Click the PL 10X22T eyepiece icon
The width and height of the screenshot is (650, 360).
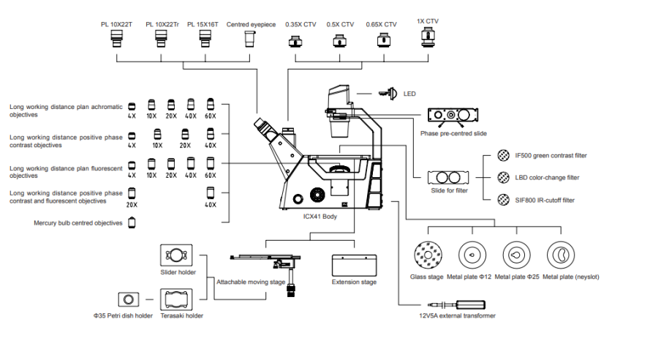pos(117,39)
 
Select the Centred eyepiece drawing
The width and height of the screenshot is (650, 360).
pos(249,39)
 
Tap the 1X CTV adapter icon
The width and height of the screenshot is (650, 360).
pos(428,37)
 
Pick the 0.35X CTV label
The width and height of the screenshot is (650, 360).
pos(301,24)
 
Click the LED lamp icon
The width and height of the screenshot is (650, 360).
pos(388,94)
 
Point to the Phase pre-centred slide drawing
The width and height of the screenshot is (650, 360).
pos(453,115)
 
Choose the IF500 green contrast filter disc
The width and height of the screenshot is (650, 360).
pos(503,156)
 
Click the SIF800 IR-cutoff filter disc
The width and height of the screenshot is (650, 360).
pos(503,200)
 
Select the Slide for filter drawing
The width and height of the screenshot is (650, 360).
pos(448,178)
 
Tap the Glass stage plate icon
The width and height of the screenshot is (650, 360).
pos(428,255)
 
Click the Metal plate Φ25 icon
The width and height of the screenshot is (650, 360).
pos(516,255)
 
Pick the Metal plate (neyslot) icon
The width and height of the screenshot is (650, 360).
pos(561,255)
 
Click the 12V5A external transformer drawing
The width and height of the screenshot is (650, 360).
pos(456,305)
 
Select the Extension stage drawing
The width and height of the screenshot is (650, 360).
pos(354,266)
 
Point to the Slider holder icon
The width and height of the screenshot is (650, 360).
pos(176,255)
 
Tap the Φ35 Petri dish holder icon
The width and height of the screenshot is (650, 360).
pos(129,299)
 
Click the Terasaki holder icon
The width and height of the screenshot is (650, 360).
pos(176,299)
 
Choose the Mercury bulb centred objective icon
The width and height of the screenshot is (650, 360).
pos(132,222)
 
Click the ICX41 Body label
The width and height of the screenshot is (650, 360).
pos(320,217)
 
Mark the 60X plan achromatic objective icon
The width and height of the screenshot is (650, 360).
pos(211,104)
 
